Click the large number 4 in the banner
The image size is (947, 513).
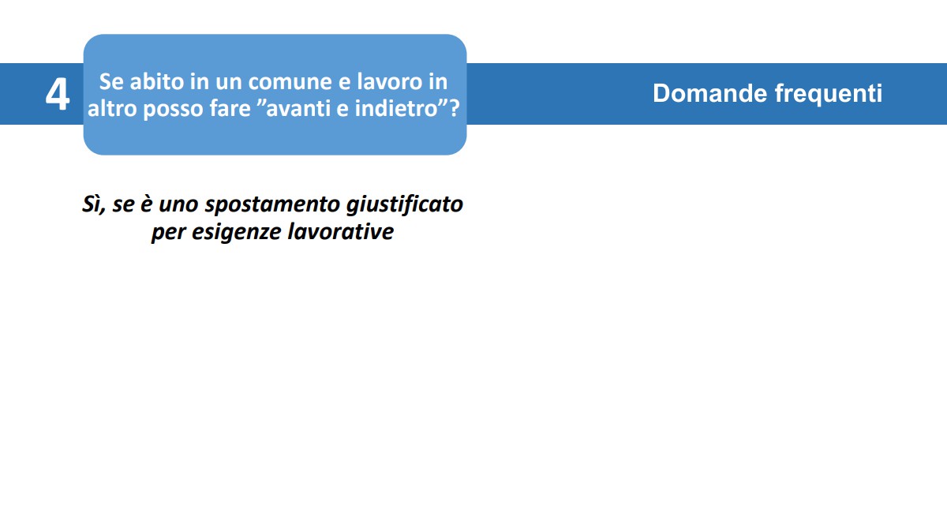pyautogui.click(x=57, y=95)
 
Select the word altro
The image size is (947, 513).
pyautogui.click(x=113, y=109)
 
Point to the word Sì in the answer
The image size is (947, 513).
pyautogui.click(x=92, y=204)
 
